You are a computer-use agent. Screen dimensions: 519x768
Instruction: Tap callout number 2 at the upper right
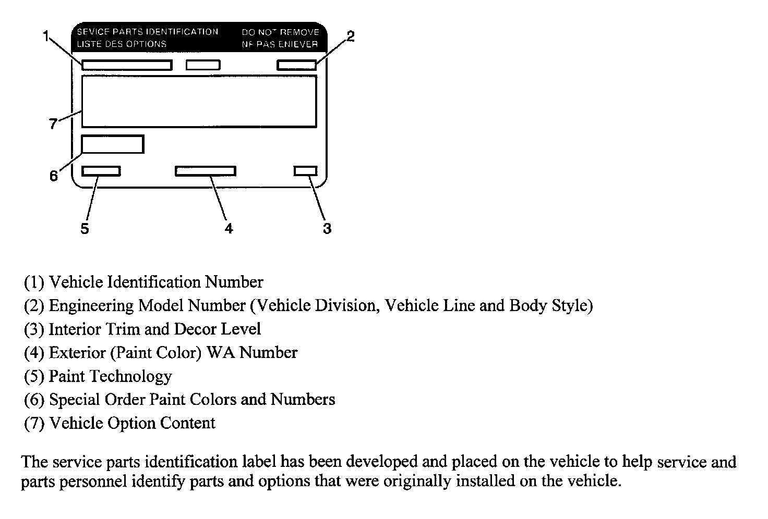pos(351,36)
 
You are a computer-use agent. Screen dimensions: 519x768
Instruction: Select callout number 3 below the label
pos(327,228)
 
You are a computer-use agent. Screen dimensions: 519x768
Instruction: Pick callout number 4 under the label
pos(229,228)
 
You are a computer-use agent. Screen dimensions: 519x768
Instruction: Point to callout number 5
pos(85,228)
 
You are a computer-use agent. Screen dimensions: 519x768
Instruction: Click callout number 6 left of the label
pos(54,176)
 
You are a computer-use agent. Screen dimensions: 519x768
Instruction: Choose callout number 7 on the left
pos(53,124)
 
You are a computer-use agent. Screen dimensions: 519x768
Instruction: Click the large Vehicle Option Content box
pos(199,101)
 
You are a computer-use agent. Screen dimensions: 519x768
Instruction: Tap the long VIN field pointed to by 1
pos(127,65)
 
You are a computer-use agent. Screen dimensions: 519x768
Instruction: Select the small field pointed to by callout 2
pos(297,65)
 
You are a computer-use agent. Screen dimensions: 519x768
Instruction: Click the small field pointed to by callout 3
pos(305,171)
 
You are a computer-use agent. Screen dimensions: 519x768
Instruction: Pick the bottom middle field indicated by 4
pos(205,171)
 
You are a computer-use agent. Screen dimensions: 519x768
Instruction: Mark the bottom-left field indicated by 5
pos(101,171)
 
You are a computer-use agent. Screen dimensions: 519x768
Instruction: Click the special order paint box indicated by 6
pos(112,144)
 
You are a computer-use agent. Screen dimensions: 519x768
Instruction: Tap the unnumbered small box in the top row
pos(203,65)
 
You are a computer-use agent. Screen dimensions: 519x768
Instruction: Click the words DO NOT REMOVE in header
pos(280,32)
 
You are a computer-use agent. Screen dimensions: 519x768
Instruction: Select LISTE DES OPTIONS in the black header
pos(122,44)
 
